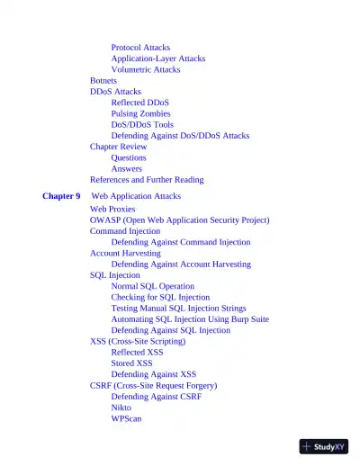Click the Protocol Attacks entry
(x=140, y=48)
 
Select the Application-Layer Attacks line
(x=157, y=58)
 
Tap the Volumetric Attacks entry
(x=145, y=69)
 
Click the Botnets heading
(x=103, y=81)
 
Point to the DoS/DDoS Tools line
(x=142, y=125)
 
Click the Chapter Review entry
(x=118, y=147)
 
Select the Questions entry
(x=129, y=157)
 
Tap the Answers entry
(x=126, y=168)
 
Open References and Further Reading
(x=147, y=180)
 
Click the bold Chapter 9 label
(x=61, y=196)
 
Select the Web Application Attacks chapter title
(x=136, y=196)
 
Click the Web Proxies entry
(x=112, y=209)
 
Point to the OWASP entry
(x=179, y=220)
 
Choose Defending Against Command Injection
(x=181, y=242)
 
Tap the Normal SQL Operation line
(x=152, y=286)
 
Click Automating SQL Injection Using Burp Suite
(x=190, y=319)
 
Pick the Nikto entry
(x=121, y=408)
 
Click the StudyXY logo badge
(x=324, y=446)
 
